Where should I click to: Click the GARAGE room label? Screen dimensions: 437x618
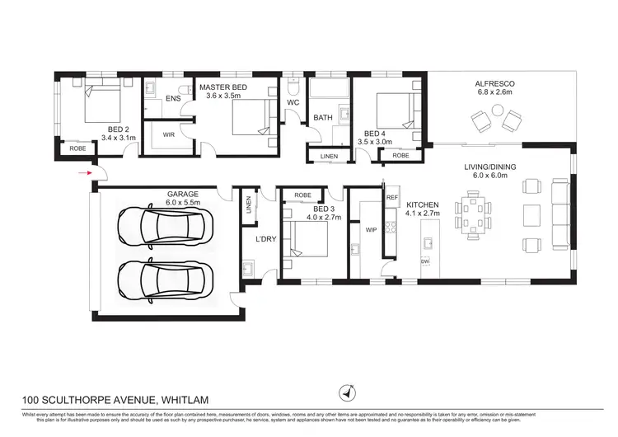tap(161, 194)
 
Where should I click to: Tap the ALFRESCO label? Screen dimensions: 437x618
tap(494, 84)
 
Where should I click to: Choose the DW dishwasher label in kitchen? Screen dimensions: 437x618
tap(425, 261)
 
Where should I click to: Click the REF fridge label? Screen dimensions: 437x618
tap(391, 198)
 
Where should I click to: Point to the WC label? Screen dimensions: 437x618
tap(293, 102)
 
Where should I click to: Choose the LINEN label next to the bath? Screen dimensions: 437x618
tap(329, 156)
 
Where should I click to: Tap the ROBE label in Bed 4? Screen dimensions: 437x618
tap(400, 155)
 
